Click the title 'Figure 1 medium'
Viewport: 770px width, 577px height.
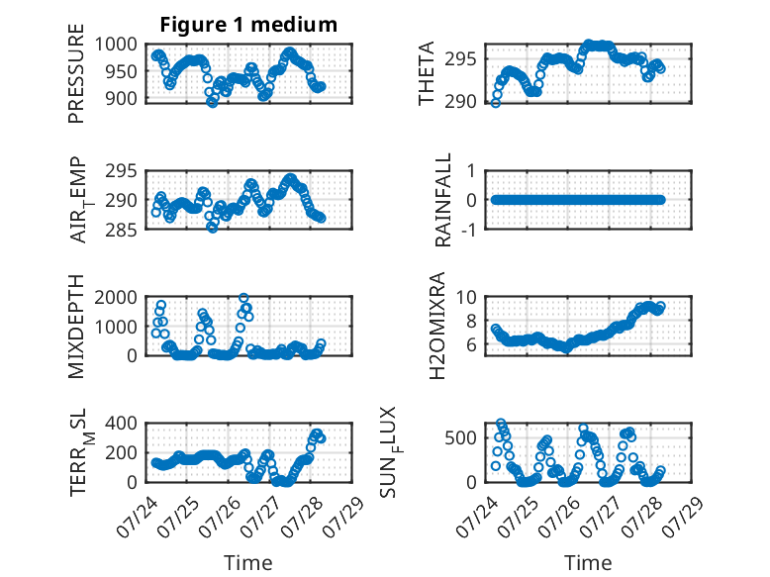pyautogui.click(x=248, y=25)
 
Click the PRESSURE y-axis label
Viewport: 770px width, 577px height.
pyautogui.click(x=76, y=73)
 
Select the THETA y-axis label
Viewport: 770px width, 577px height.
pyautogui.click(x=427, y=73)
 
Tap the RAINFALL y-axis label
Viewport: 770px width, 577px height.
pyautogui.click(x=443, y=200)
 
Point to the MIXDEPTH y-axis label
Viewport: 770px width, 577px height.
pyautogui.click(x=76, y=327)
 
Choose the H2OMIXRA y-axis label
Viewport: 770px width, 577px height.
pyautogui.click(x=437, y=326)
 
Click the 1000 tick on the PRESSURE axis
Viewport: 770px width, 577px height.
pyautogui.click(x=116, y=45)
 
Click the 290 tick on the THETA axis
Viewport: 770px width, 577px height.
pyautogui.click(x=460, y=102)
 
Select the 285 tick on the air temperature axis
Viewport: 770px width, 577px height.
pyautogui.click(x=122, y=230)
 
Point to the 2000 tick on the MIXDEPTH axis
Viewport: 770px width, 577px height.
pyautogui.click(x=116, y=297)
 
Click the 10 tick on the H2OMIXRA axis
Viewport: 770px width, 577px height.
pyautogui.click(x=466, y=297)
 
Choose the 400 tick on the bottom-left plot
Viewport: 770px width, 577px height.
pyautogui.click(x=122, y=424)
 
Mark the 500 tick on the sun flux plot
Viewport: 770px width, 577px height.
pyautogui.click(x=460, y=438)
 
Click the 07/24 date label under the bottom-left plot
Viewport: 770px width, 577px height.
pyautogui.click(x=138, y=517)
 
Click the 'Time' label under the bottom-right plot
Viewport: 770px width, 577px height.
pyautogui.click(x=588, y=563)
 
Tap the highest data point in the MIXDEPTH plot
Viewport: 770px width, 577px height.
pyautogui.click(x=243, y=298)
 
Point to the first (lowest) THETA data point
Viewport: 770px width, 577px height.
pyautogui.click(x=496, y=103)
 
